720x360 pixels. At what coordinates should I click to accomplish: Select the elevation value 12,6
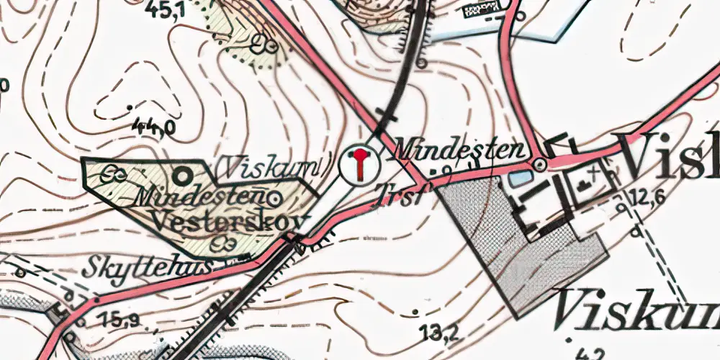pyautogui.click(x=646, y=197)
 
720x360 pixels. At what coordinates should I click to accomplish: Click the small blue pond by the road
pyautogui.click(x=518, y=177)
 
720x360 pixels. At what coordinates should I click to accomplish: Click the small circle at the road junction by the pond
pyautogui.click(x=539, y=165)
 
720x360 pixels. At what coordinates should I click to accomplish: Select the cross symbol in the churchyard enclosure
pyautogui.click(x=592, y=172)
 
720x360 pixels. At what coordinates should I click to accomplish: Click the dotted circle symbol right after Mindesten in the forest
pyautogui.click(x=275, y=197)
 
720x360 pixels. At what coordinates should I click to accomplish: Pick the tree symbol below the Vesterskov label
pyautogui.click(x=222, y=244)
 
